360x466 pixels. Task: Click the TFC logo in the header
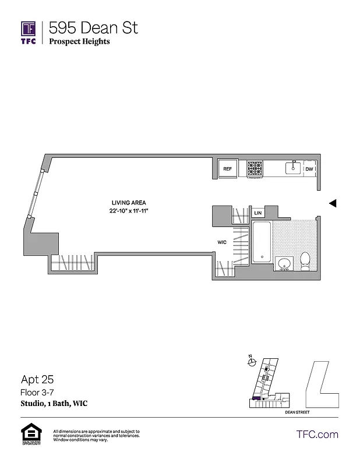(x=29, y=33)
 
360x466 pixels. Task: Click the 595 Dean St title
(x=93, y=27)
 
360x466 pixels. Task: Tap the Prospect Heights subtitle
(x=79, y=41)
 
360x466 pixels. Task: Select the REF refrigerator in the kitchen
(x=228, y=169)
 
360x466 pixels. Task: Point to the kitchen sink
(x=293, y=168)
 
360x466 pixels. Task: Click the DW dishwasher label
(x=309, y=169)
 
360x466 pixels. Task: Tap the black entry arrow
(x=333, y=203)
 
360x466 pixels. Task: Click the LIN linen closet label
(x=257, y=213)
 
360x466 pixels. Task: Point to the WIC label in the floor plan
(x=222, y=242)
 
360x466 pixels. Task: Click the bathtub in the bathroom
(x=262, y=241)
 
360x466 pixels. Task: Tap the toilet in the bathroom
(x=305, y=260)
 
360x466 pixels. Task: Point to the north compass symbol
(x=251, y=361)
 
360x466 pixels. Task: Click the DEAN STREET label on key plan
(x=297, y=412)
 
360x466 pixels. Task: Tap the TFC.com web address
(x=317, y=434)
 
